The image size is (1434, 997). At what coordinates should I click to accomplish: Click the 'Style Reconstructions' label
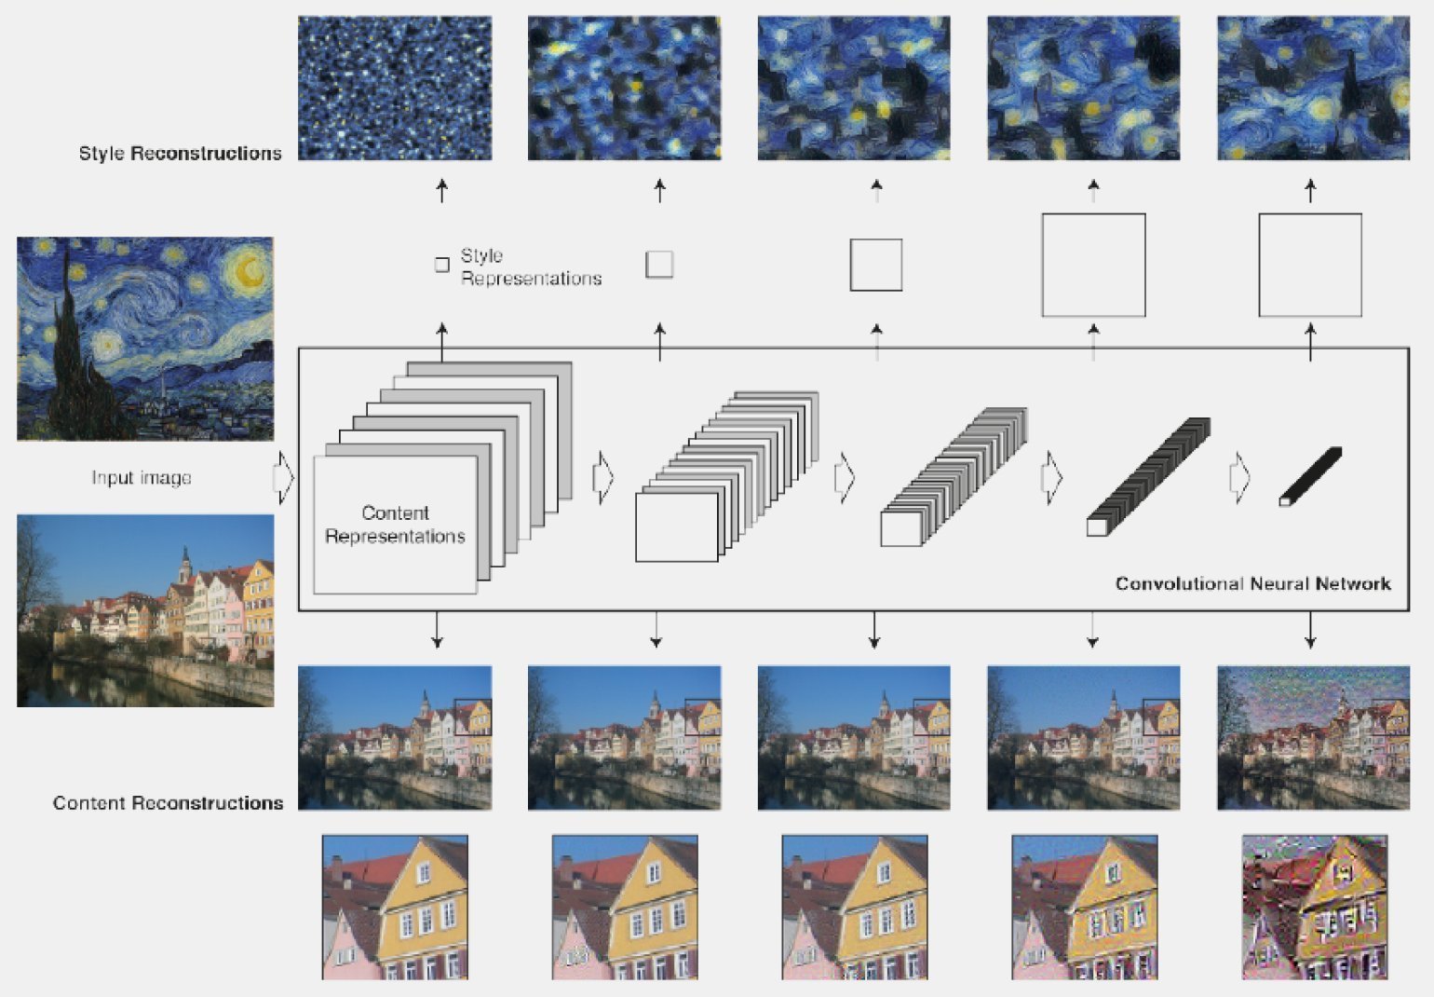180,153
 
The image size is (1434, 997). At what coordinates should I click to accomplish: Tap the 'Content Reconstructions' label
168,803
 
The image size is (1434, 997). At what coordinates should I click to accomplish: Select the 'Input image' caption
142,478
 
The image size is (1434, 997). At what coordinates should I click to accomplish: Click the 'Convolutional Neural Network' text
1252,583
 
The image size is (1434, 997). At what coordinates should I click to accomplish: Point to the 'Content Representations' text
395,525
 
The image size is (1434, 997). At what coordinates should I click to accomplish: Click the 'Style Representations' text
531,266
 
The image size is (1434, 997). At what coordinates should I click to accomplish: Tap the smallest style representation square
441,265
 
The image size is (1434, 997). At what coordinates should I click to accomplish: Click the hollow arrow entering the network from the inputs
283,478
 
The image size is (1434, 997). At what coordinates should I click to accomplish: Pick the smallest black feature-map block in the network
1310,476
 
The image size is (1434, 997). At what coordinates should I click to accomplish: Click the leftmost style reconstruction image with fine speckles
395,88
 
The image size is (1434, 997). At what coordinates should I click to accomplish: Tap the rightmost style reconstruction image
1314,88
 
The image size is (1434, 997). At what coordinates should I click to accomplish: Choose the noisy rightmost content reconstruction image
1314,737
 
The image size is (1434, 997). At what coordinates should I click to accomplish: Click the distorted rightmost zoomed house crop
1315,907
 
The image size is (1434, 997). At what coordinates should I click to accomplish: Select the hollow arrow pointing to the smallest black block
1239,478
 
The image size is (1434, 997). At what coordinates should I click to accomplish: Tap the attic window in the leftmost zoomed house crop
424,872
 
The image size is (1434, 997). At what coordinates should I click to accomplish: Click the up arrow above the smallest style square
441,191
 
